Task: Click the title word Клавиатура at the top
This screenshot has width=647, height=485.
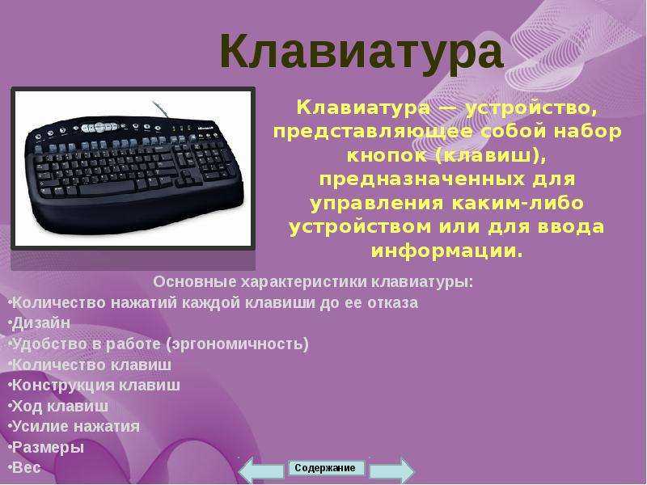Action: pyautogui.click(x=362, y=52)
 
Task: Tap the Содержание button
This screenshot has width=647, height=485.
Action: pyautogui.click(x=326, y=468)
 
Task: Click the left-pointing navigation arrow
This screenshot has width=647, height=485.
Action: pyautogui.click(x=261, y=470)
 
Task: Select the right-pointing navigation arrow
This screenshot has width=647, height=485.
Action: pyautogui.click(x=391, y=470)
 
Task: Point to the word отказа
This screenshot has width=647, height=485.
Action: pyautogui.click(x=392, y=302)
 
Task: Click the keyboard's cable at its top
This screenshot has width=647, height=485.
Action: pyautogui.click(x=160, y=110)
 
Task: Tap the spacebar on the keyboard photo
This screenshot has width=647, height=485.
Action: pyautogui.click(x=107, y=189)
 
